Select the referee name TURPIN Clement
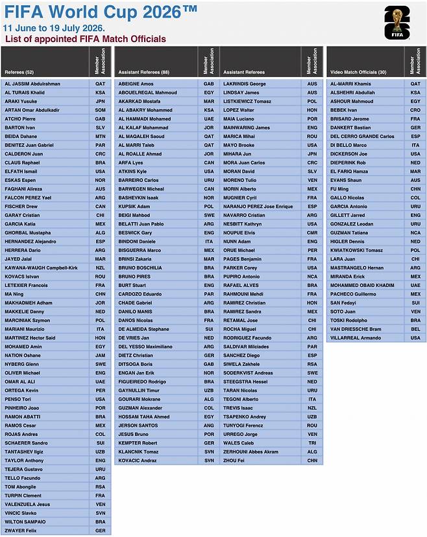click(x=23, y=496)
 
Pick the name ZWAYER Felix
click(x=21, y=531)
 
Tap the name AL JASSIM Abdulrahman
click(x=32, y=84)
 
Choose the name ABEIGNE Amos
click(x=136, y=84)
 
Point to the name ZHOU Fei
click(x=234, y=460)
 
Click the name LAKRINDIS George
click(x=244, y=84)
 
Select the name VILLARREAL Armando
click(x=356, y=337)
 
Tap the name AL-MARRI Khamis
click(x=350, y=84)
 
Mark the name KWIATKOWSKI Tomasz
click(x=356, y=250)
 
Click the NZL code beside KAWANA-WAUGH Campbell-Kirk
click(x=100, y=268)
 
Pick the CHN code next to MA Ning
click(x=100, y=293)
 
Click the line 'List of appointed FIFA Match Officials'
click(x=85, y=39)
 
